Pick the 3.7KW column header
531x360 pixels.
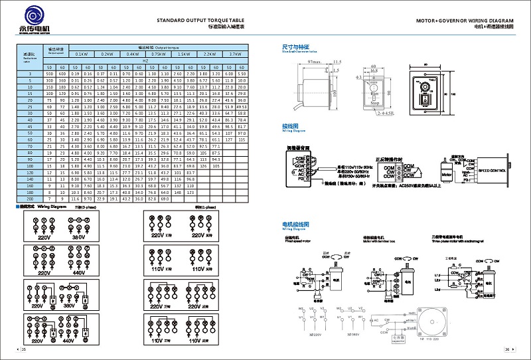pyautogui.click(x=234, y=53)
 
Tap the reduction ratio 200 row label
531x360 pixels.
pyautogui.click(x=30, y=199)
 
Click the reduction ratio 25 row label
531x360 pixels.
pyautogui.click(x=30, y=106)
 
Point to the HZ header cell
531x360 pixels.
pyautogui.click(x=145, y=60)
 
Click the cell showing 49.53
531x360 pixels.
pyautogui.click(x=242, y=106)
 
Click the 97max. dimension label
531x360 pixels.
pyautogui.click(x=314, y=62)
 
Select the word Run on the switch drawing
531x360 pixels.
pyautogui.click(x=374, y=95)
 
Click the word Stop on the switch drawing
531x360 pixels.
pyautogui.click(x=374, y=103)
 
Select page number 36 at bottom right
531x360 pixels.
pyautogui.click(x=506, y=349)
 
